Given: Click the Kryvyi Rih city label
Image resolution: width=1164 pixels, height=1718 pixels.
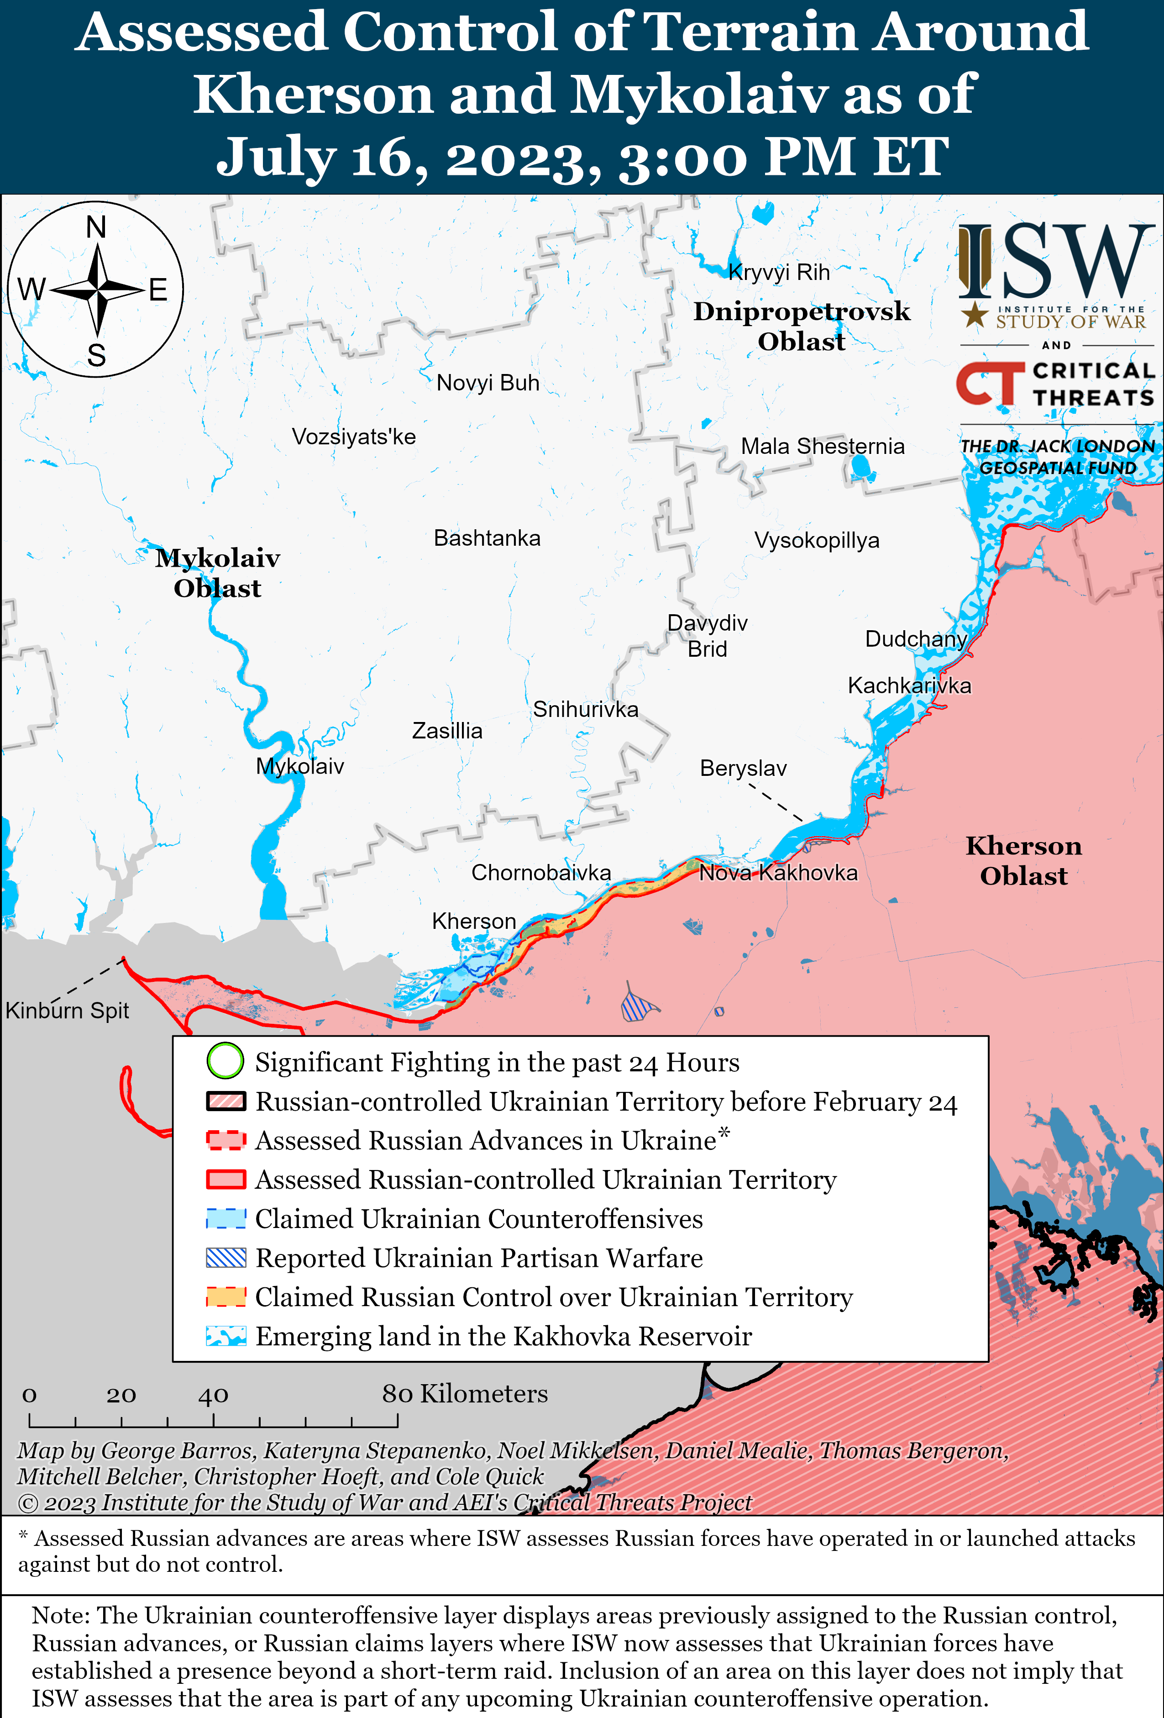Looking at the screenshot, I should point(779,273).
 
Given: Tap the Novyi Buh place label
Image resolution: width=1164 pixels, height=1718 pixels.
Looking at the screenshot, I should point(488,383).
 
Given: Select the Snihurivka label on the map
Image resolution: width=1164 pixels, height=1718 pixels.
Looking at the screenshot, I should point(585,710).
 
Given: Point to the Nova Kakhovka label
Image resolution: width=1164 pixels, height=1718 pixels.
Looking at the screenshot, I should point(778,873).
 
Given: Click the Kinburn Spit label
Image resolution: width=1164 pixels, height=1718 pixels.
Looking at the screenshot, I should point(67,1011).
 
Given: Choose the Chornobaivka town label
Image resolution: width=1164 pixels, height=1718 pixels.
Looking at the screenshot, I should point(541,873).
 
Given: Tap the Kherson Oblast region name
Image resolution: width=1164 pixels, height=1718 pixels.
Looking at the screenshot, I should point(1023,860).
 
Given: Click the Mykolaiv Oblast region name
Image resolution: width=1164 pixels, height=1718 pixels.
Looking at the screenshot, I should point(217,573).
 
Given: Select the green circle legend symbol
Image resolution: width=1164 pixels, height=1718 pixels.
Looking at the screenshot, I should point(225,1061).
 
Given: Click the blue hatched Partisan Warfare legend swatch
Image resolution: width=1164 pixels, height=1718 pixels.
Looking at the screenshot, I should point(225,1258).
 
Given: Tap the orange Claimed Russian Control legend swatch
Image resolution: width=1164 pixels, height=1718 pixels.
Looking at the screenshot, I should point(225,1296).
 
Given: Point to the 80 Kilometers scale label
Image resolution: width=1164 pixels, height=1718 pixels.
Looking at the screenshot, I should point(464,1393).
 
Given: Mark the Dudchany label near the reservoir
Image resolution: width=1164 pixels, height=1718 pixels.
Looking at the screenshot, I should point(916,639).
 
